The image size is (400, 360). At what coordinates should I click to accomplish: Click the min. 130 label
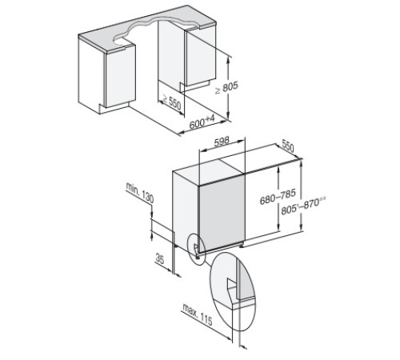(138, 196)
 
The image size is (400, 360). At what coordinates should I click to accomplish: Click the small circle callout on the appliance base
(194, 248)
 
